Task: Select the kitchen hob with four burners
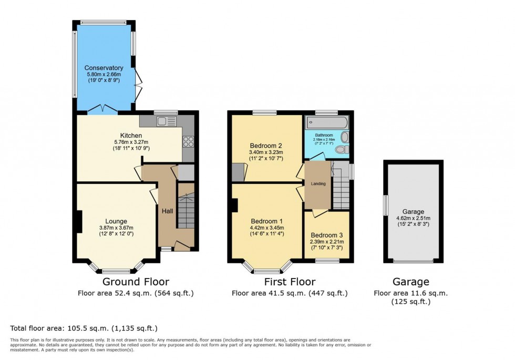coord(188,141)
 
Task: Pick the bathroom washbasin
coord(344,137)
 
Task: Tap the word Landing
coord(318,183)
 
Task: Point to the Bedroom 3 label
coord(327,235)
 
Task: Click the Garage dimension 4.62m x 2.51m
coord(413,218)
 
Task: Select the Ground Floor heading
coord(136,282)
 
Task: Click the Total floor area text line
coord(84,328)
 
